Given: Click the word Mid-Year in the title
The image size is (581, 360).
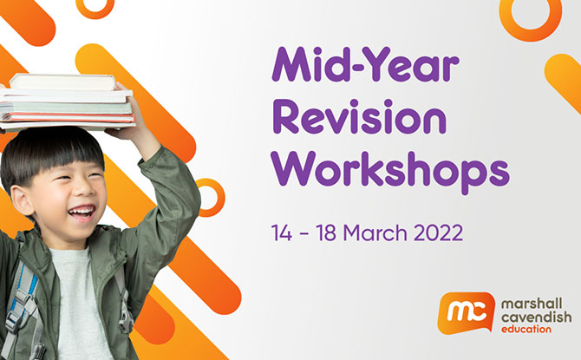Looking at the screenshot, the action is (x=366, y=64).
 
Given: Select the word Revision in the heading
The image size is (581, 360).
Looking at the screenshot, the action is (x=359, y=116).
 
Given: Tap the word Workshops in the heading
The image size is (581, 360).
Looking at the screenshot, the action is (x=390, y=169).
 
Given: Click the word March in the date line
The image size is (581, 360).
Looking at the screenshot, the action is (x=375, y=232).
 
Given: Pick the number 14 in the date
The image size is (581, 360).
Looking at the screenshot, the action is (x=282, y=232).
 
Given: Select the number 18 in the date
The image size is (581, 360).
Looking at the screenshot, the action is (x=326, y=232).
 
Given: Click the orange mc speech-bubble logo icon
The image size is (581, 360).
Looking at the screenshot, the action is (x=467, y=312).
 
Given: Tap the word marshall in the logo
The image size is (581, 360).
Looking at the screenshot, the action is (x=532, y=304).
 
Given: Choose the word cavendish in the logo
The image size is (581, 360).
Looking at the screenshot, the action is (x=536, y=317).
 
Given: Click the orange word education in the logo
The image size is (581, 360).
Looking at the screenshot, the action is (x=526, y=329).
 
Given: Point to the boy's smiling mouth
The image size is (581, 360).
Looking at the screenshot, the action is (x=81, y=213).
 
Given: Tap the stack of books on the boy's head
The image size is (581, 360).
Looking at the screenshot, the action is (x=67, y=102).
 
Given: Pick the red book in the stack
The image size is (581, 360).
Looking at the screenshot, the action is (x=70, y=117).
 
